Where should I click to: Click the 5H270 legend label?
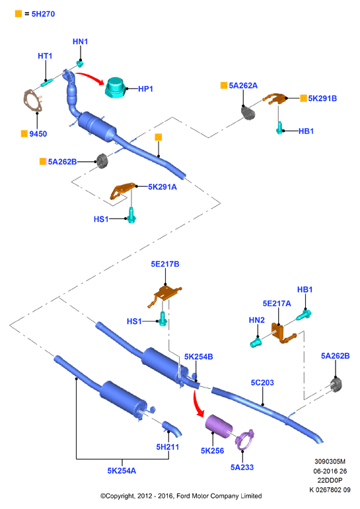(x=43, y=14)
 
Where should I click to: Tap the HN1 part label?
(x=80, y=42)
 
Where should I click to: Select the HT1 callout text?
(x=45, y=56)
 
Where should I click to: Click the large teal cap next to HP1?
(x=115, y=87)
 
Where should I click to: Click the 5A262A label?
(x=243, y=85)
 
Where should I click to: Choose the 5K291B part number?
(x=322, y=98)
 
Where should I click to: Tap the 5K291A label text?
(x=162, y=187)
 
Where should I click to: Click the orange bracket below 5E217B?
(x=166, y=294)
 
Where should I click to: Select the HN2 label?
(x=257, y=320)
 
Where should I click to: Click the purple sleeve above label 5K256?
(x=219, y=426)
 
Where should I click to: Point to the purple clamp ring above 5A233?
(x=245, y=439)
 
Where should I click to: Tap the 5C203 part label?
(x=262, y=383)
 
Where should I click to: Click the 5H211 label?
(x=168, y=447)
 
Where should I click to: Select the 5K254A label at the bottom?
(x=122, y=471)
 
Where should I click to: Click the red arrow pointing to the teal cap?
(x=92, y=78)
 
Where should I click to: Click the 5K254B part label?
(x=199, y=356)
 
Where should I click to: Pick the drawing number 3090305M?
(x=330, y=461)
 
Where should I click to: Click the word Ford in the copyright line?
(x=183, y=496)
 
